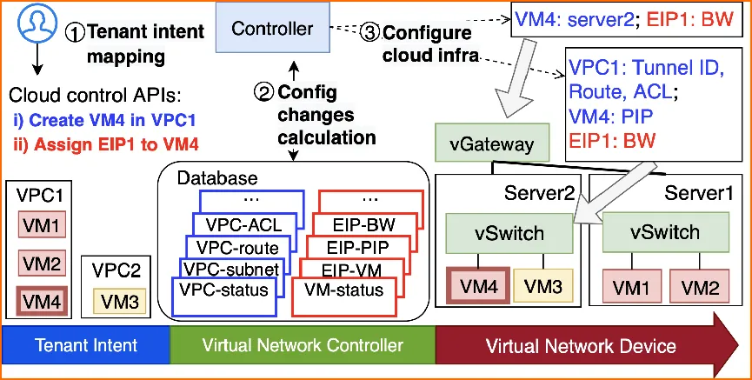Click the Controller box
(x=272, y=29)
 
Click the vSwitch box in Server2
(x=508, y=233)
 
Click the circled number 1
(x=76, y=32)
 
